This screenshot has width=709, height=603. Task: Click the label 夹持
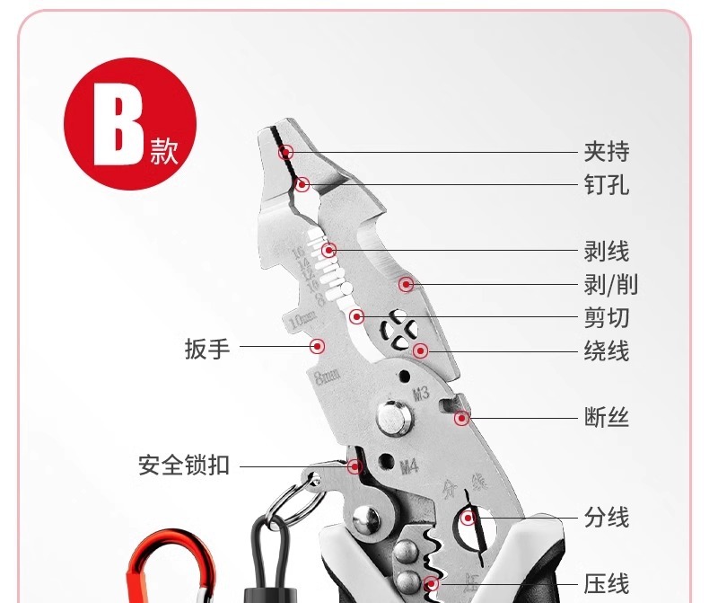[607, 152]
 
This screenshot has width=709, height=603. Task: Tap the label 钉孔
[607, 185]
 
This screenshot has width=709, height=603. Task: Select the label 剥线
[607, 252]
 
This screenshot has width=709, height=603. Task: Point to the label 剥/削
[611, 286]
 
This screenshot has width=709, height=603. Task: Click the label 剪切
[607, 317]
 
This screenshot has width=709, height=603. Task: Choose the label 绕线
[607, 350]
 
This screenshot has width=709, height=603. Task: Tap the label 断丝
[607, 418]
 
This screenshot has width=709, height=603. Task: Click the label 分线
[607, 518]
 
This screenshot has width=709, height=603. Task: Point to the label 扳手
[207, 348]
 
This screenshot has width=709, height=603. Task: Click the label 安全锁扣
[184, 466]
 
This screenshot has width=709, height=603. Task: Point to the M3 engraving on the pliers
[421, 393]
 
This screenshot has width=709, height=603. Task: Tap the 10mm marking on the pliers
[302, 318]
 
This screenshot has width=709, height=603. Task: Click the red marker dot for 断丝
[461, 418]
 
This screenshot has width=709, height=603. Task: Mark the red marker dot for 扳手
[318, 346]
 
